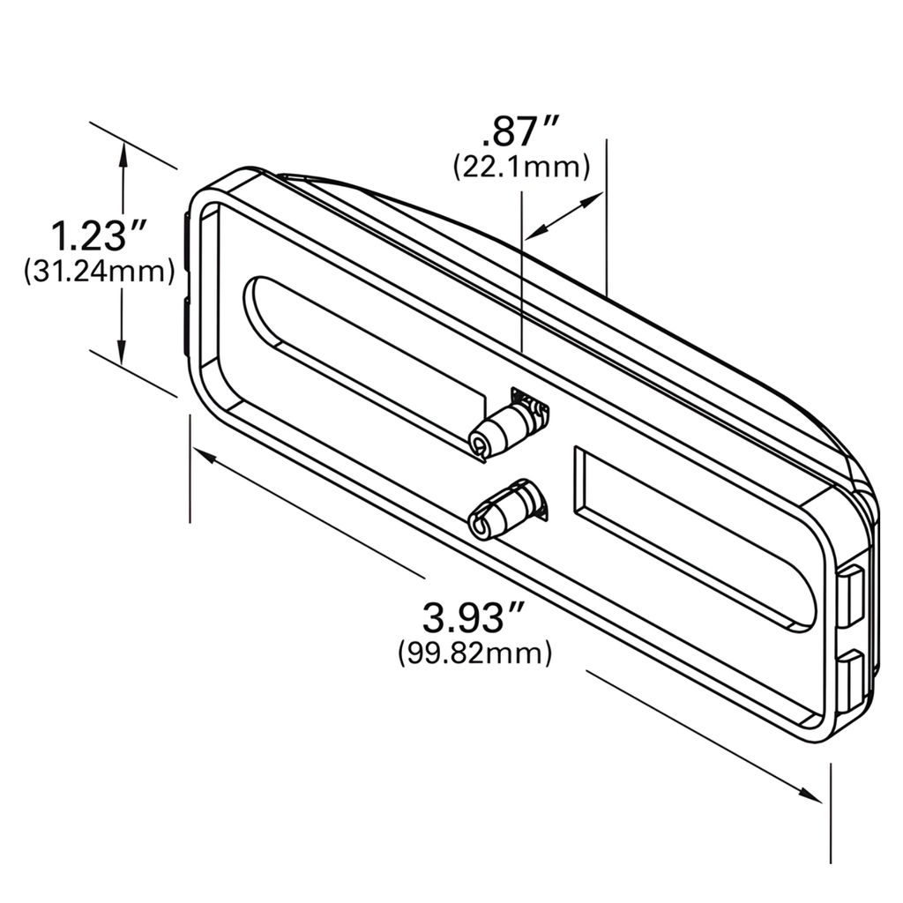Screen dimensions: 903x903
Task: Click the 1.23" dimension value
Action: click(x=96, y=236)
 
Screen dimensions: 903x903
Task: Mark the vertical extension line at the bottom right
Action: click(x=831, y=811)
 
